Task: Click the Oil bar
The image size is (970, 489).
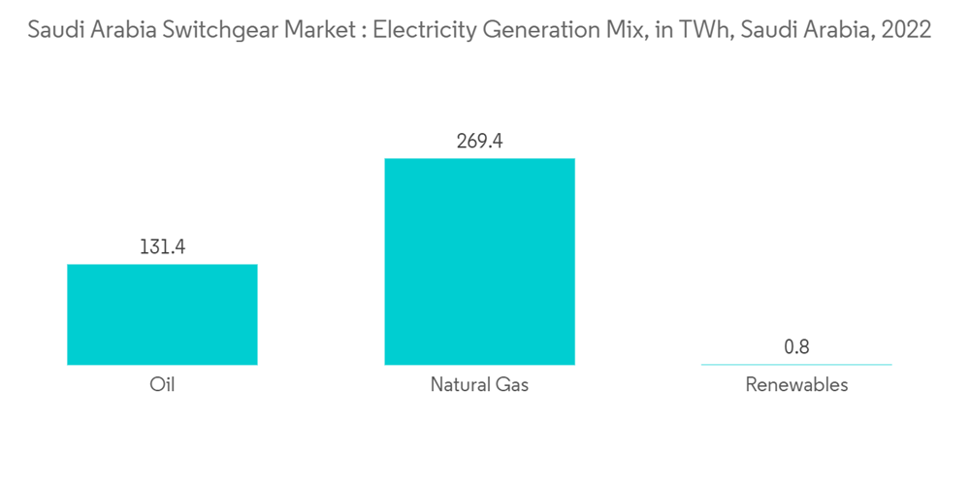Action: [x=162, y=314]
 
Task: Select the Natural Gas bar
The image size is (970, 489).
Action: [x=479, y=261]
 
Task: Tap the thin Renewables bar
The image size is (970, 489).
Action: [x=796, y=364]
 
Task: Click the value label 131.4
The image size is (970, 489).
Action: [x=162, y=247]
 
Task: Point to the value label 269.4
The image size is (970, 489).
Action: [x=479, y=142]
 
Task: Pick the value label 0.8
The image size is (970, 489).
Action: [x=796, y=346]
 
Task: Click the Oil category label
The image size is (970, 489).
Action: [x=162, y=384]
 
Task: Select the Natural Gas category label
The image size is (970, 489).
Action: [x=479, y=384]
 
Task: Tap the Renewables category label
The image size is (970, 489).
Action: [x=796, y=384]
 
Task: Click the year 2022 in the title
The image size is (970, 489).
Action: [x=905, y=30]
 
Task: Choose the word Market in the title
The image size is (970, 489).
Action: [x=315, y=30]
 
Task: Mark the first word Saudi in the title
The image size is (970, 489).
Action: [x=53, y=30]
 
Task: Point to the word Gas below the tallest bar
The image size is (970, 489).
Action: [x=513, y=384]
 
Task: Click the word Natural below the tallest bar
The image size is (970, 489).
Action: [x=461, y=384]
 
